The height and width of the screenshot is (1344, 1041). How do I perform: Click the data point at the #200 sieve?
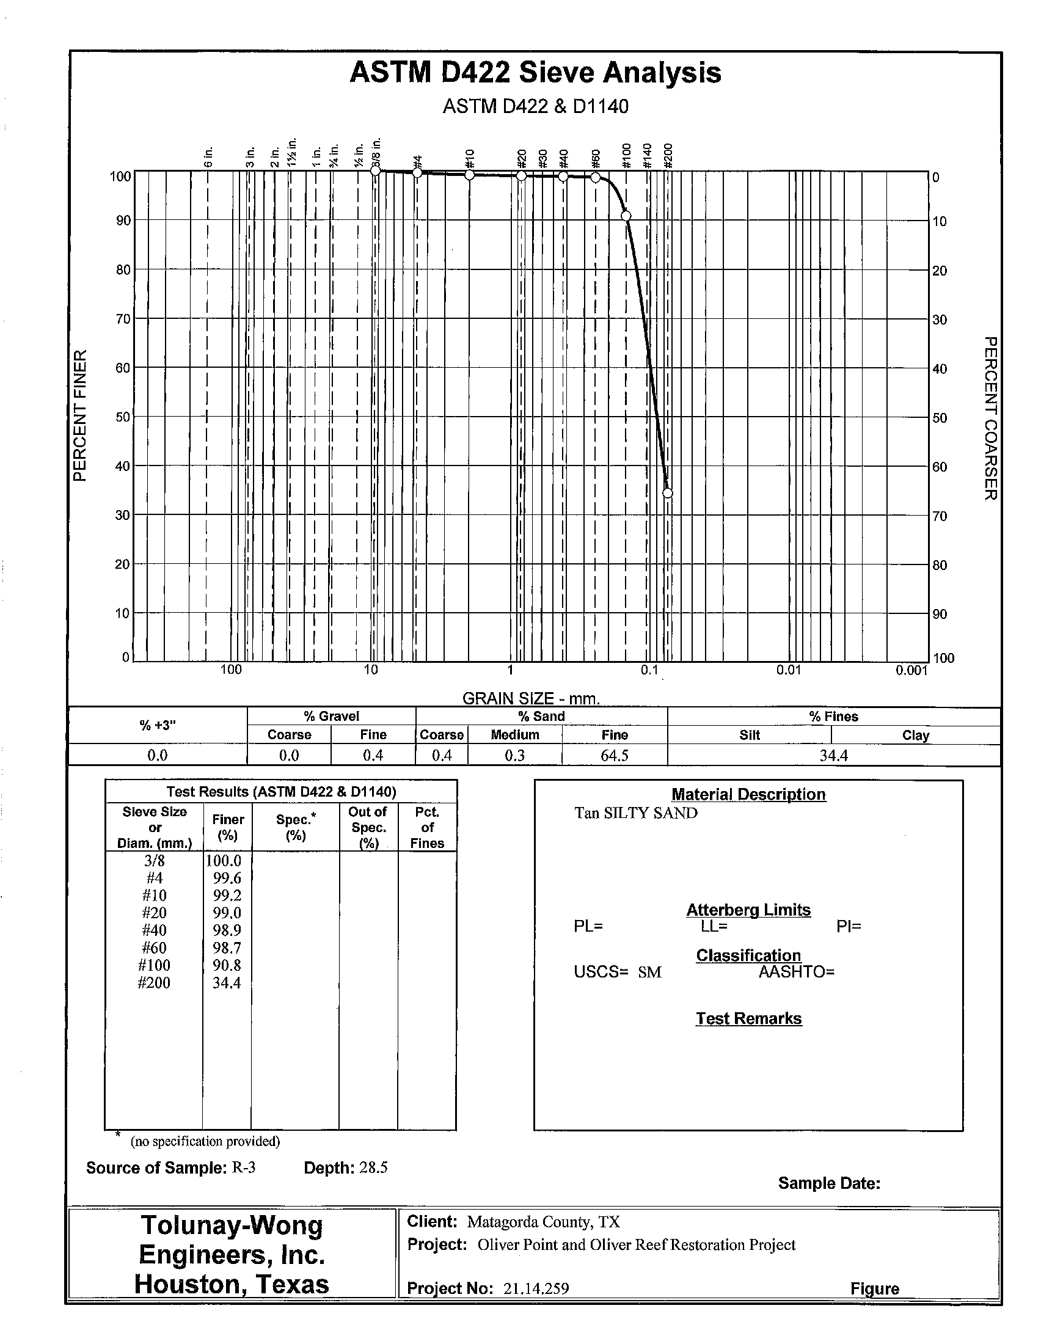coord(668,493)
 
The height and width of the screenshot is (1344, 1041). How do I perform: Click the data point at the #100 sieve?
coord(626,216)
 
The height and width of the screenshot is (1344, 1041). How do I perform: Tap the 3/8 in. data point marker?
coord(375,171)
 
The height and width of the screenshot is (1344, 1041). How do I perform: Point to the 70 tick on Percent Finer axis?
coord(123,319)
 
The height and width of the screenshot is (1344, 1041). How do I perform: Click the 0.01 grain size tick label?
coord(789,670)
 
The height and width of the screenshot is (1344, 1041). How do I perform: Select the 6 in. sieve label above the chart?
coord(208,158)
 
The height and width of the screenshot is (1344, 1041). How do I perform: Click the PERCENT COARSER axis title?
coord(990,418)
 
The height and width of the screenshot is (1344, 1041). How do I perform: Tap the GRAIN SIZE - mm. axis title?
coord(530,698)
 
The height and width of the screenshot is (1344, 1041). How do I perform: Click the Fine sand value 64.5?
coord(614,755)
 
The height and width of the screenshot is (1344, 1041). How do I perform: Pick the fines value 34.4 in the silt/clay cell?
coord(833,755)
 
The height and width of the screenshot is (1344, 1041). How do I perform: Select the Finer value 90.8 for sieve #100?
coord(227,965)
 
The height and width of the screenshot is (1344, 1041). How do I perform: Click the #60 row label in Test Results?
coord(154,948)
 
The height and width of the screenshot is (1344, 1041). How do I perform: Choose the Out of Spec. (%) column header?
coord(368,828)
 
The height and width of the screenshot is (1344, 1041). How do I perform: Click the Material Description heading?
coord(748,794)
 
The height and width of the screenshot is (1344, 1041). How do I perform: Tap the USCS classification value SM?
coord(649,973)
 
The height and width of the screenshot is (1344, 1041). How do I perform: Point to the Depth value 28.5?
coord(373,1167)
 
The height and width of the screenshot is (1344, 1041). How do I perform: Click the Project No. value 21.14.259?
coord(535,1288)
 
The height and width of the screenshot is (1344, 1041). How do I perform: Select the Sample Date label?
coord(829,1183)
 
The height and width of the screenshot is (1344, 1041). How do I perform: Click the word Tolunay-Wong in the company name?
coord(232,1225)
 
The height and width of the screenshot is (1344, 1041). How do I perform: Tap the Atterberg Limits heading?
coord(748,910)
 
